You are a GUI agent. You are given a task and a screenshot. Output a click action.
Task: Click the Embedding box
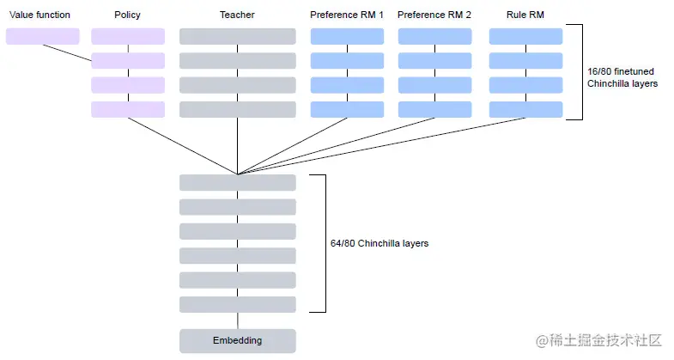237,340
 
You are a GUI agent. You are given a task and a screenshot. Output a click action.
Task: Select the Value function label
39,15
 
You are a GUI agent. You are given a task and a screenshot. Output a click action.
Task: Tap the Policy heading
127,15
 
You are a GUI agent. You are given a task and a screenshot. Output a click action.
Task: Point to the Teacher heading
237,15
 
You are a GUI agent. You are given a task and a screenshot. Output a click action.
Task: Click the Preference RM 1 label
347,15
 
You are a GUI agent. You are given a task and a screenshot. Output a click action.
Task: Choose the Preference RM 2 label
434,15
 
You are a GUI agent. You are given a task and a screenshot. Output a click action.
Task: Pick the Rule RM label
525,15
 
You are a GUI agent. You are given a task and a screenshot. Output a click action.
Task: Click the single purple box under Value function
43,36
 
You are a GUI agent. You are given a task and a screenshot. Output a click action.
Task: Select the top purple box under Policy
128,36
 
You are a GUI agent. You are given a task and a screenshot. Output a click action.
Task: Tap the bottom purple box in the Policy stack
128,109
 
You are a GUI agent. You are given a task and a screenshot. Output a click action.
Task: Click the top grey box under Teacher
237,36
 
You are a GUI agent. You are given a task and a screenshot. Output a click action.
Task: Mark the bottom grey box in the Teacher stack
237,109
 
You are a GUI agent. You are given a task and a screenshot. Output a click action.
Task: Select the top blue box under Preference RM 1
347,36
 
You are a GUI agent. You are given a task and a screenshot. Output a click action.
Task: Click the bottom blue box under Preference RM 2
434,109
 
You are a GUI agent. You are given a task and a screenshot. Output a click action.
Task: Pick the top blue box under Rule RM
525,36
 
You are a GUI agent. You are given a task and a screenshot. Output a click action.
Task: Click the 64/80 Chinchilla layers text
379,243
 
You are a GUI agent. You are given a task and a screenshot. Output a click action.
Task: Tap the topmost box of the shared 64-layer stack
237,182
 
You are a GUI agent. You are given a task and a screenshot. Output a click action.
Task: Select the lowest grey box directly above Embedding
237,304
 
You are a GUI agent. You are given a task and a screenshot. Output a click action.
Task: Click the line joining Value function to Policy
67,52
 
